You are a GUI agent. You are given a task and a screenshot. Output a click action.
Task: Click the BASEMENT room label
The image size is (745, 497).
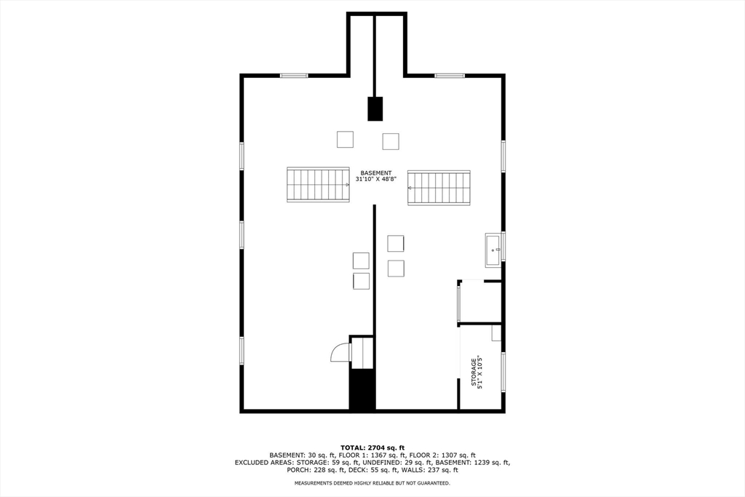click(x=376, y=172)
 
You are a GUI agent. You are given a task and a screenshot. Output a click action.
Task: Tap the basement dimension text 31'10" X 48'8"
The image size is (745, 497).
click(x=376, y=179)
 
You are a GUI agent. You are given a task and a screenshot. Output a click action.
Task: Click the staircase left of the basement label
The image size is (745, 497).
click(x=318, y=185)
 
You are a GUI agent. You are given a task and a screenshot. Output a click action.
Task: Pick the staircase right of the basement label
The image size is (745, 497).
click(x=439, y=188)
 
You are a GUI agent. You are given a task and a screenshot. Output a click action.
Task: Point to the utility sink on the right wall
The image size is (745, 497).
click(x=494, y=250)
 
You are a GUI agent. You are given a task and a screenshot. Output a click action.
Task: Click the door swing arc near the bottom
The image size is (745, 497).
click(x=339, y=354)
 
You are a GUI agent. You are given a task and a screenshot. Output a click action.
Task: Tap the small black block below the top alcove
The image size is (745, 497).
click(x=375, y=108)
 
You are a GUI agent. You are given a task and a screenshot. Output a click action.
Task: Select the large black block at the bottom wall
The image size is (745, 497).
click(x=362, y=390)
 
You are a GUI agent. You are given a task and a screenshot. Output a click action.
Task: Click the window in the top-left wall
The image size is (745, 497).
click(x=294, y=75)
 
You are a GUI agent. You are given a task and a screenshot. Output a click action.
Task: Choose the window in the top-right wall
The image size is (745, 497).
click(x=450, y=75)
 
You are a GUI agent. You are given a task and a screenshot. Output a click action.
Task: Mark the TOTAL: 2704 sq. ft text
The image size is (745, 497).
click(x=372, y=447)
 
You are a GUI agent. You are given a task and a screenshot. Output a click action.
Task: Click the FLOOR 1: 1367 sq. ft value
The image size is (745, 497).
click(x=353, y=455)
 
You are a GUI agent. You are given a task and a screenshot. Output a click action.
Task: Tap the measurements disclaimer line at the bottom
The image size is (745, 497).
click(x=372, y=483)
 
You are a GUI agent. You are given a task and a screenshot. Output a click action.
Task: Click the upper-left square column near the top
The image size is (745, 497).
click(x=345, y=139)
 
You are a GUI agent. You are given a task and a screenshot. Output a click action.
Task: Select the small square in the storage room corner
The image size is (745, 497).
click(x=496, y=333)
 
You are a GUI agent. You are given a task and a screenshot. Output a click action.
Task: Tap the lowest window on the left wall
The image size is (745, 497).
click(x=242, y=350)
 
